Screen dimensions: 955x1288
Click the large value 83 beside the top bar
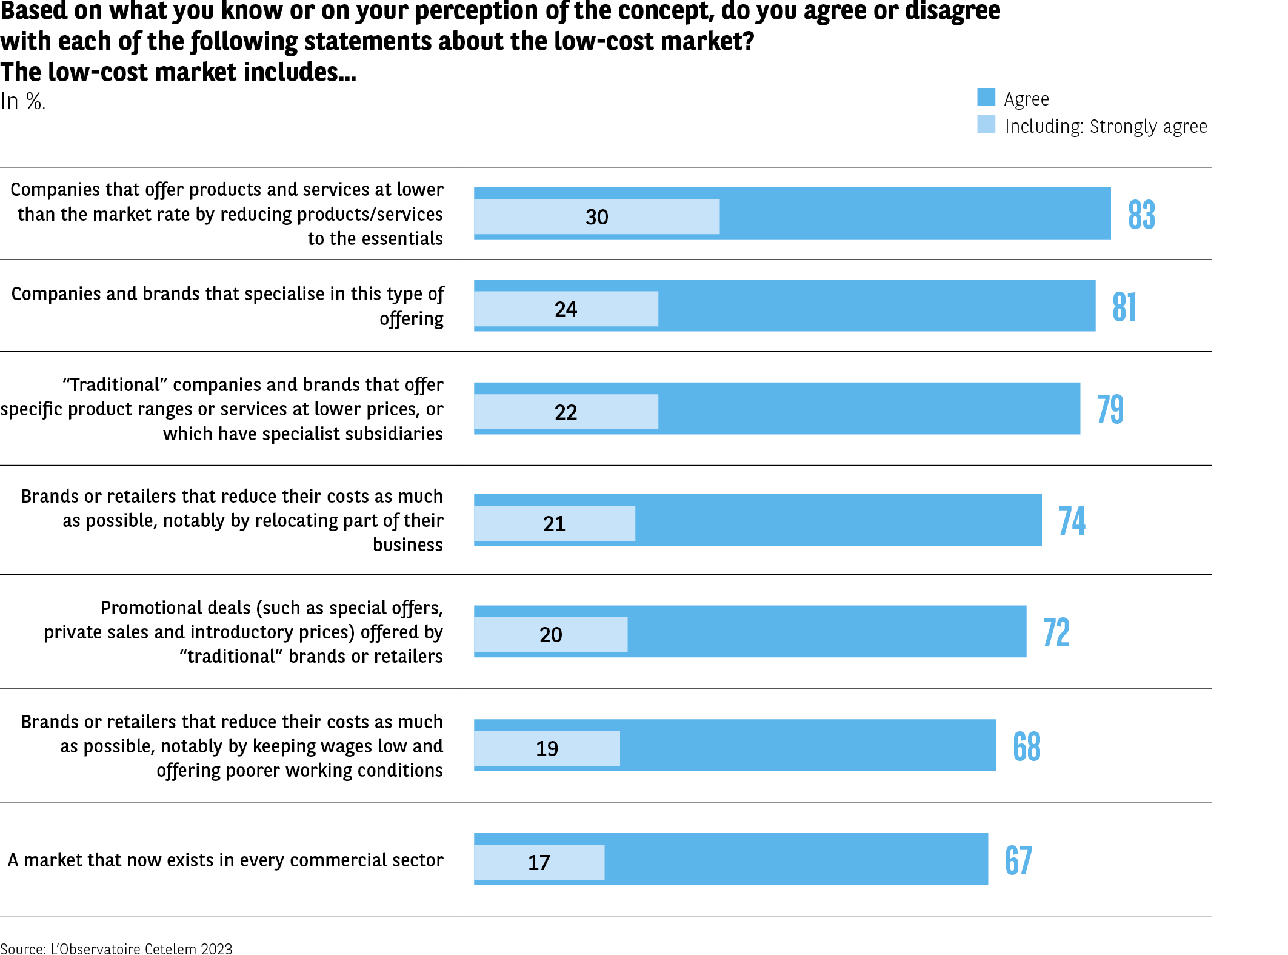point(1141,215)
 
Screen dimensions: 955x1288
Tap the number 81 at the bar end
point(1124,307)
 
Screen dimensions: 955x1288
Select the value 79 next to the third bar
point(1110,409)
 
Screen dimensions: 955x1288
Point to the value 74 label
point(1072,521)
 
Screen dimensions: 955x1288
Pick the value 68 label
point(1027,746)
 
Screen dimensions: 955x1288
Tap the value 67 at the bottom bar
point(1018,860)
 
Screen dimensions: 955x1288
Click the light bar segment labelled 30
point(596,217)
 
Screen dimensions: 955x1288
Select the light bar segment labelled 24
point(566,309)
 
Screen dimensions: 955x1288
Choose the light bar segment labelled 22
point(566,412)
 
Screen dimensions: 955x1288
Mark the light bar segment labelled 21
point(554,524)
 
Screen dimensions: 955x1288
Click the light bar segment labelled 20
point(550,635)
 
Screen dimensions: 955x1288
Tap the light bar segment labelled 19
point(547,749)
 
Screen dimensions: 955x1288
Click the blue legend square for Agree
point(986,97)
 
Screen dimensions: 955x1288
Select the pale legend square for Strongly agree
point(986,124)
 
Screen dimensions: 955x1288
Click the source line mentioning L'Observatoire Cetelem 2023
point(116,949)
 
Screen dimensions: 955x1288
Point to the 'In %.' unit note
point(23,101)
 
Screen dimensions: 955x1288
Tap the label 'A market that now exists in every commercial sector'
point(225,860)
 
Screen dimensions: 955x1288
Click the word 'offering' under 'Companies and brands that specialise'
point(412,319)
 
